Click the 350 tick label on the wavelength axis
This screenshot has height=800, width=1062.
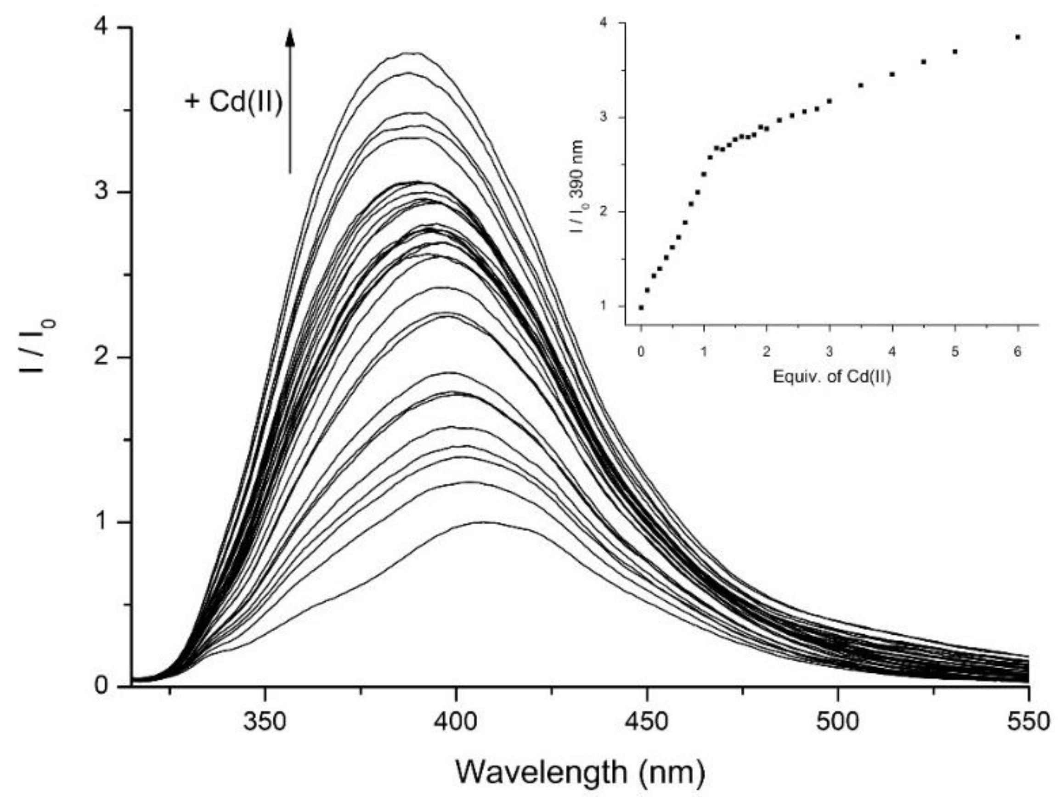(x=265, y=721)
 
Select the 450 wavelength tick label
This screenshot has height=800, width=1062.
(x=647, y=721)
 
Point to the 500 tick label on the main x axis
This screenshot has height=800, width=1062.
(x=838, y=721)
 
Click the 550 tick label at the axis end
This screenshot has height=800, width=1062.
(x=1029, y=721)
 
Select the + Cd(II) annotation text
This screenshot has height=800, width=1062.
(x=234, y=102)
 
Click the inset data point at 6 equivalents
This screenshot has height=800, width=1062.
(x=1017, y=37)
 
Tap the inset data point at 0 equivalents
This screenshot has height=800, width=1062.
(x=641, y=308)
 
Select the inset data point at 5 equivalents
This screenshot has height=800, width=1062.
(x=955, y=51)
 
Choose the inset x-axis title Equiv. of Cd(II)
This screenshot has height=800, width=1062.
(x=831, y=377)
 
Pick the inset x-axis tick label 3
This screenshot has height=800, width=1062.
(x=829, y=352)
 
